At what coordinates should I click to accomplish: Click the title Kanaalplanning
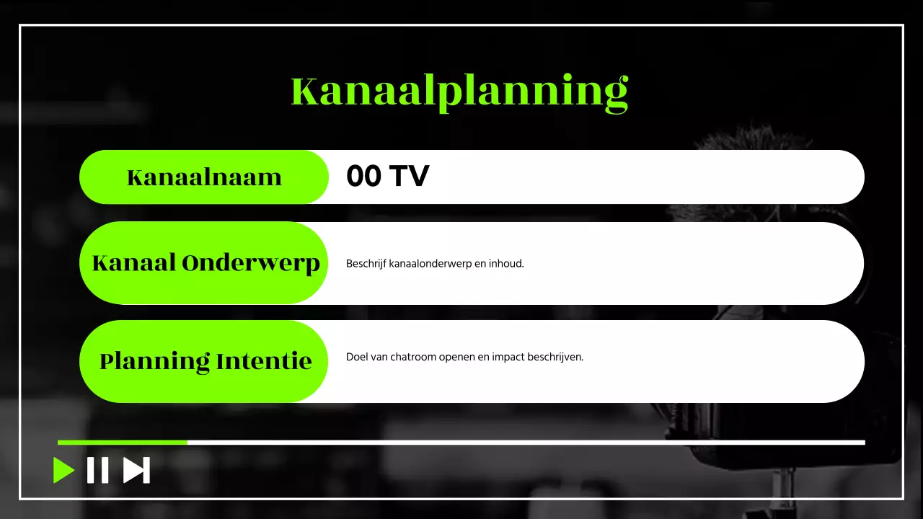[x=460, y=92]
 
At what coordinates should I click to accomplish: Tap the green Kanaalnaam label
[x=204, y=177]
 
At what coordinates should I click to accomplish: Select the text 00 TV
[x=387, y=177]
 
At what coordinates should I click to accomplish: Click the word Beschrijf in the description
[x=366, y=264]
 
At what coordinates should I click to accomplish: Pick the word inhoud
[x=506, y=264]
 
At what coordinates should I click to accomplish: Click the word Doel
[x=356, y=357]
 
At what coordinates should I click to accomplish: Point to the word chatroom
[x=405, y=357]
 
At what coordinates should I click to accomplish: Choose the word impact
[x=508, y=357]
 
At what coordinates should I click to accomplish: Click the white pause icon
[x=98, y=470]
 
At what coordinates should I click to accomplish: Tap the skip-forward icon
[x=136, y=470]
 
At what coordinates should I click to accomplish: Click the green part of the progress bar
[x=123, y=442]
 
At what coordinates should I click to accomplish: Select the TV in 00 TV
[x=409, y=177]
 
